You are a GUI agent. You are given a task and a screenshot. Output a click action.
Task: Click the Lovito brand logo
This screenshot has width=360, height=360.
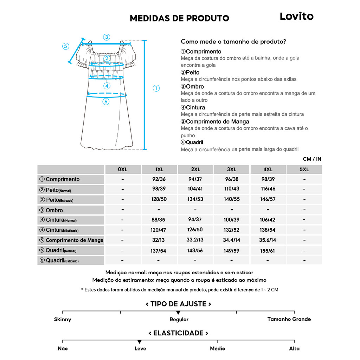tap(296, 16)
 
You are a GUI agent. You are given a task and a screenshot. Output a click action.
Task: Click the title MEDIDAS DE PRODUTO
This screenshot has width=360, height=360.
tap(179, 18)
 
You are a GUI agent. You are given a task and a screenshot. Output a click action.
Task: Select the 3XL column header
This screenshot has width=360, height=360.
tap(232, 169)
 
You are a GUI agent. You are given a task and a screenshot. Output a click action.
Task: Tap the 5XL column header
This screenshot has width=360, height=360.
tap(304, 169)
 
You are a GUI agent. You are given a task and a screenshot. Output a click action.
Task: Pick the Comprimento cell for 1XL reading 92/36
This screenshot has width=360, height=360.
tap(159, 179)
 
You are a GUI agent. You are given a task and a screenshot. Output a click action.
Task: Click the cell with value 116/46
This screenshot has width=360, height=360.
tap(268, 189)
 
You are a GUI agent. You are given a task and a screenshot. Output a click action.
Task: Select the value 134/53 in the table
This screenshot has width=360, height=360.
tap(195, 199)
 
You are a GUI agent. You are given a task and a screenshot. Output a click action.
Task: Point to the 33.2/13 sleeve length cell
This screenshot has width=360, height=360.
tap(195, 240)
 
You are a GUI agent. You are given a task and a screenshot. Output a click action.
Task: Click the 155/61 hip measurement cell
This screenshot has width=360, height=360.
tap(268, 251)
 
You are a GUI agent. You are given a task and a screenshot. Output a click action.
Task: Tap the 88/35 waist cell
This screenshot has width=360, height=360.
tap(159, 220)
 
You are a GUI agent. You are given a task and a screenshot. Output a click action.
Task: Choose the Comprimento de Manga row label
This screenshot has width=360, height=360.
tap(71, 240)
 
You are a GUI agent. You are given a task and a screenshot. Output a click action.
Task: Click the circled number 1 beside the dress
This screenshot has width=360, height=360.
tap(156, 88)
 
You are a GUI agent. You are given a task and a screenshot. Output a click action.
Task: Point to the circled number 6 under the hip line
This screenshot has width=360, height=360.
tap(106, 102)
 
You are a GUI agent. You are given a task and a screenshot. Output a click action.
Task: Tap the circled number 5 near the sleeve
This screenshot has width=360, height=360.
tap(66, 46)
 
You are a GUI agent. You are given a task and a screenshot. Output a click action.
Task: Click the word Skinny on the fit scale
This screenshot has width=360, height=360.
tap(63, 320)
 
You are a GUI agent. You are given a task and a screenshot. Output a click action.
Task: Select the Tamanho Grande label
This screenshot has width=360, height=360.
tap(289, 319)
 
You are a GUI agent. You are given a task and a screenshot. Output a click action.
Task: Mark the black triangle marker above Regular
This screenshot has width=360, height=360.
tap(178, 313)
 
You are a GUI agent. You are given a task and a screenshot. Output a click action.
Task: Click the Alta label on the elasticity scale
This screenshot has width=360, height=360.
tap(294, 348)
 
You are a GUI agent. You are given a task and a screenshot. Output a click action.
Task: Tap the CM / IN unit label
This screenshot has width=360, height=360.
tap(312, 159)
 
